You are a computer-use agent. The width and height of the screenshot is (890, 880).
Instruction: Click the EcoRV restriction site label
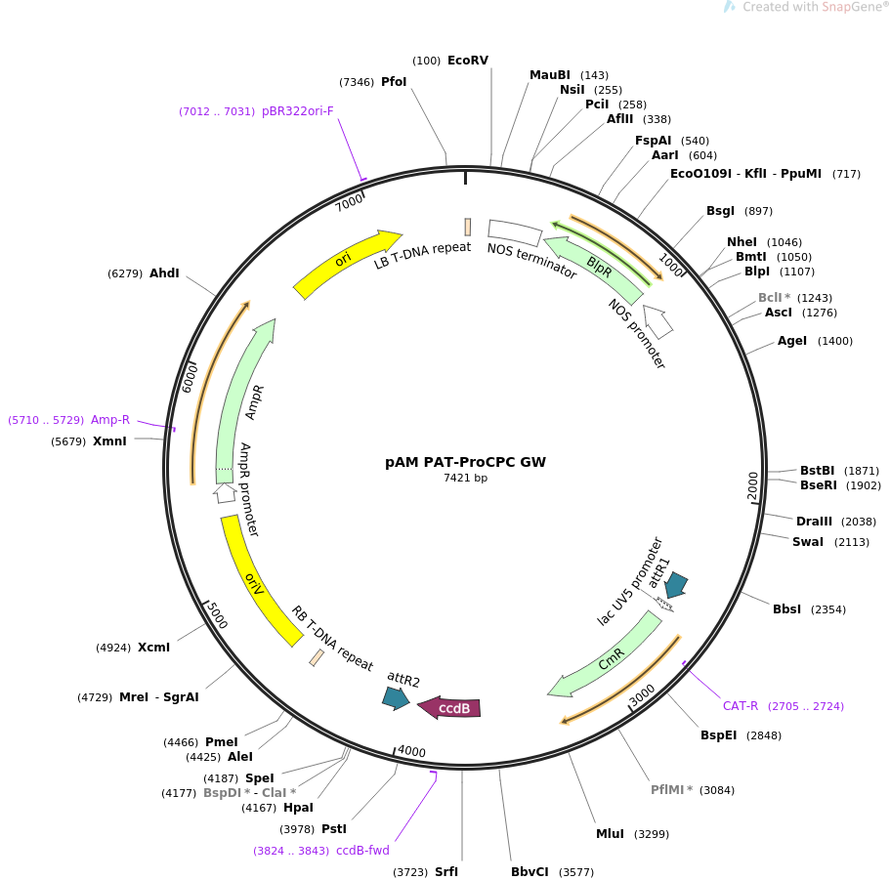tap(468, 61)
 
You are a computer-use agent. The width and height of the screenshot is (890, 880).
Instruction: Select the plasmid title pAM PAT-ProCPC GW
tap(465, 462)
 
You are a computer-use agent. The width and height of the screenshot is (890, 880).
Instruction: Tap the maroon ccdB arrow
tap(449, 707)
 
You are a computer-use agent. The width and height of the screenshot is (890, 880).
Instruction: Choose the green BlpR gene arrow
tap(596, 268)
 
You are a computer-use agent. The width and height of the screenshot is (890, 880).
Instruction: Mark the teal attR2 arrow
tap(396, 698)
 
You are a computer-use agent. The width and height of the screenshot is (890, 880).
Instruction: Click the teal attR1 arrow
tap(676, 584)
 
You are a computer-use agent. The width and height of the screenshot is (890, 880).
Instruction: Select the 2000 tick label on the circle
tap(752, 485)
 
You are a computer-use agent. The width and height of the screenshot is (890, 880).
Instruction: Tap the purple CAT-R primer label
tap(741, 706)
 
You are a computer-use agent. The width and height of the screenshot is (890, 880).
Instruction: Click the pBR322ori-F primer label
tap(297, 111)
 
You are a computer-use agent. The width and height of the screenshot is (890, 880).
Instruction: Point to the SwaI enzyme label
tap(808, 542)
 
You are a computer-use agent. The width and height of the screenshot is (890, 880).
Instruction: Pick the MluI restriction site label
tap(610, 834)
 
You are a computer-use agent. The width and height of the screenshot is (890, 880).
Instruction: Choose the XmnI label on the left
tap(109, 441)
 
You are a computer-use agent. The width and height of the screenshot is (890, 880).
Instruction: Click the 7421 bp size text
tap(465, 478)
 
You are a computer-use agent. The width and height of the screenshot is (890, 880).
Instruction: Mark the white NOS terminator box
tap(514, 232)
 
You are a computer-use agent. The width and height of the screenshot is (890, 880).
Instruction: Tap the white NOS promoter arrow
tap(658, 321)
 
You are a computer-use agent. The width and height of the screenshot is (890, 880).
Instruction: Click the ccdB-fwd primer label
tap(362, 851)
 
